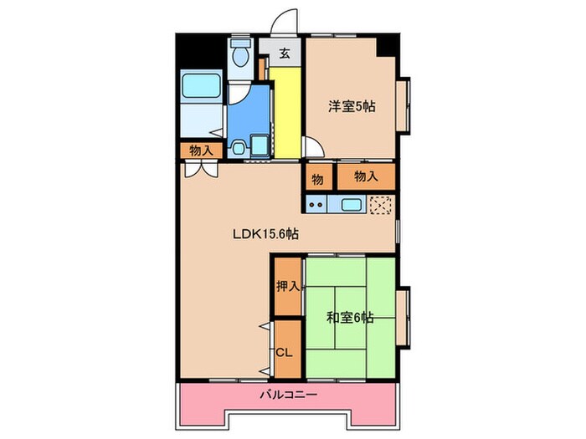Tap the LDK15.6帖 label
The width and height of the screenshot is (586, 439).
(265, 235)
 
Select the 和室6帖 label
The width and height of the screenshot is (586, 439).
(349, 318)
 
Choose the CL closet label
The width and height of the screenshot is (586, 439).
(285, 352)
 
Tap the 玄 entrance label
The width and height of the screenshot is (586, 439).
(284, 54)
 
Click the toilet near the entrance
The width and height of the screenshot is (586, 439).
(241, 56)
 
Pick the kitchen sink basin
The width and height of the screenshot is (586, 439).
(350, 203)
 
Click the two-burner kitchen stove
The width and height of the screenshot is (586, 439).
(316, 203)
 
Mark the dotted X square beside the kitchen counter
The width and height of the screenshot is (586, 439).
(381, 203)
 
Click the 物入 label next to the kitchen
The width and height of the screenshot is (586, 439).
(365, 176)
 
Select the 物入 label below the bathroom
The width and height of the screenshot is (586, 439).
(200, 151)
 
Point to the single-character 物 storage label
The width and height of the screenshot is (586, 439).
(318, 177)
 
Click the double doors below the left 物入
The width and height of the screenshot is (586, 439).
(201, 167)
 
